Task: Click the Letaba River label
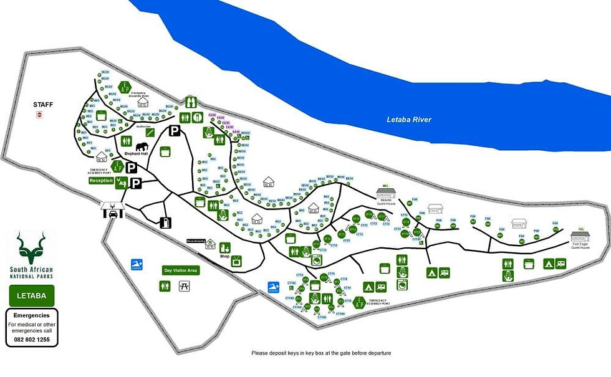click(409, 120)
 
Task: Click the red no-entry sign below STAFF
click(39, 115)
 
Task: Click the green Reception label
click(101, 181)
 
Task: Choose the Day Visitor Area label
click(180, 270)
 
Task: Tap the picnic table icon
click(184, 285)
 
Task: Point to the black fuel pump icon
click(166, 222)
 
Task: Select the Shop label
click(225, 255)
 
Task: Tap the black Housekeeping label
click(196, 241)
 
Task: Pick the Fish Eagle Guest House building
click(580, 237)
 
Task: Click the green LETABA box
click(32, 295)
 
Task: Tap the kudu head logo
click(31, 247)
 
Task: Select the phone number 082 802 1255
click(32, 340)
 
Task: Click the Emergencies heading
click(31, 315)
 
